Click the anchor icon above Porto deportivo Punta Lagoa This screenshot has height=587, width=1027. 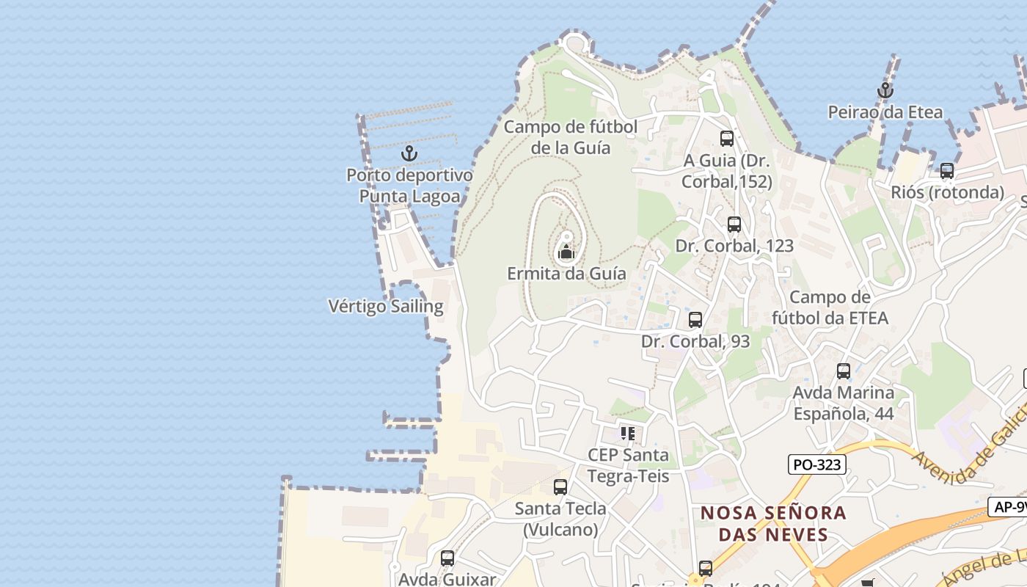409,153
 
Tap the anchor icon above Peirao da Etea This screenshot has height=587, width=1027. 885,91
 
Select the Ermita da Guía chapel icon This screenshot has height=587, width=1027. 566,253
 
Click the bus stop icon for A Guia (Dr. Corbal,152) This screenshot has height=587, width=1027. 727,138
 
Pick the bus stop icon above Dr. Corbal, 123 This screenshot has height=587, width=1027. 734,225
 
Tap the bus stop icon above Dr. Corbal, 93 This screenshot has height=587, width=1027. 695,320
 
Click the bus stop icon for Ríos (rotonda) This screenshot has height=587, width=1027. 947,171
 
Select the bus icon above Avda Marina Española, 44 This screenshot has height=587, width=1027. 844,371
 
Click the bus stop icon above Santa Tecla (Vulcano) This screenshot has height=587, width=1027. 560,486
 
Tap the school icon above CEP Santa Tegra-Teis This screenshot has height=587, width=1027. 627,433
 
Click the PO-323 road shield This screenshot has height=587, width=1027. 817,464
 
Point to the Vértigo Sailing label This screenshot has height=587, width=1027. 386,306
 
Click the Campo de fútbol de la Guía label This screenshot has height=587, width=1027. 571,137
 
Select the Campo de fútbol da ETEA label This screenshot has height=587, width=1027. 830,307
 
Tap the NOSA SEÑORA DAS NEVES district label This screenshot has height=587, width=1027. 773,523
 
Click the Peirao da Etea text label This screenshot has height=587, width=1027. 885,112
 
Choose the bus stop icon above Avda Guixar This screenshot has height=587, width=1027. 447,558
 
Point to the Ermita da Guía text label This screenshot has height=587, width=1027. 566,274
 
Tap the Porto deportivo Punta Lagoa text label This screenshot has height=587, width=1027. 409,186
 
